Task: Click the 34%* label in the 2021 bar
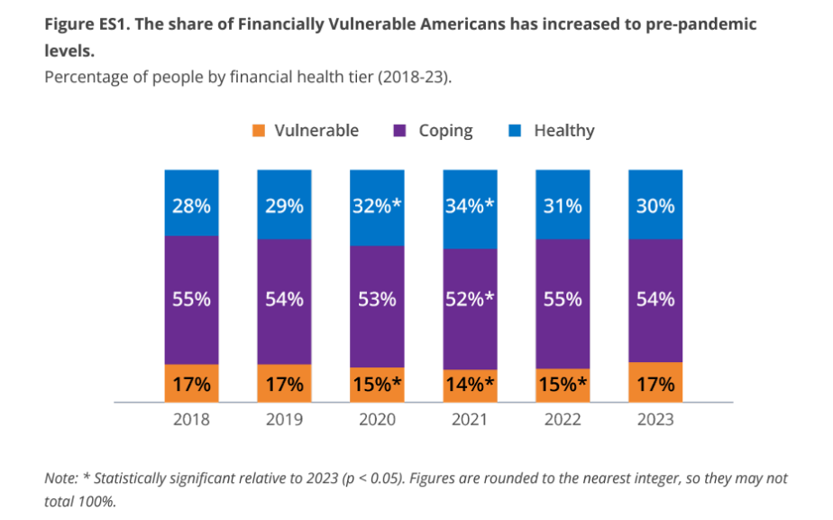click(x=471, y=206)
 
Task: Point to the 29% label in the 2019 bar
click(x=284, y=206)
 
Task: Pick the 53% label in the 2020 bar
click(x=377, y=300)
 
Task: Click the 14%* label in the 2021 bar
click(x=471, y=385)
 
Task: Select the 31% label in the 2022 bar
click(x=563, y=206)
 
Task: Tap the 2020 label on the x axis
click(x=377, y=420)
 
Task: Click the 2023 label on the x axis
click(x=655, y=420)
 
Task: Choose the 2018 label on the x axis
click(x=191, y=420)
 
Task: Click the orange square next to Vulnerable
click(x=259, y=131)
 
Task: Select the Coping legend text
click(x=445, y=131)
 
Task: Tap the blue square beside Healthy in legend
click(x=517, y=131)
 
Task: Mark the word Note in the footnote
click(x=61, y=478)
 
